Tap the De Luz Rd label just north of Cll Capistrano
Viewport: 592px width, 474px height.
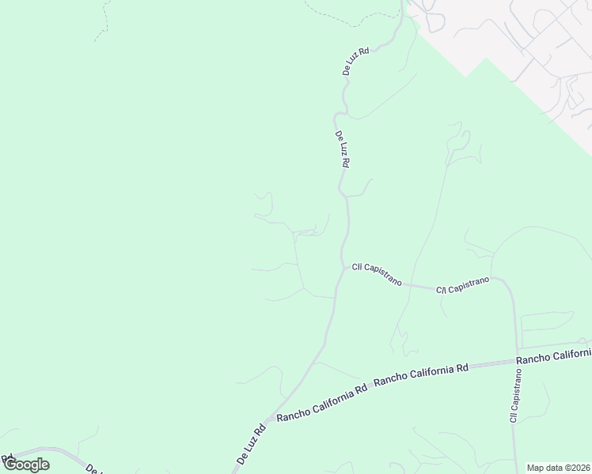click(342, 150)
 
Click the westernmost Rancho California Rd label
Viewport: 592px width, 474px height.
click(321, 404)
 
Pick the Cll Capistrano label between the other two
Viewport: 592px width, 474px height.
click(463, 285)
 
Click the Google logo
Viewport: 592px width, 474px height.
click(25, 465)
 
